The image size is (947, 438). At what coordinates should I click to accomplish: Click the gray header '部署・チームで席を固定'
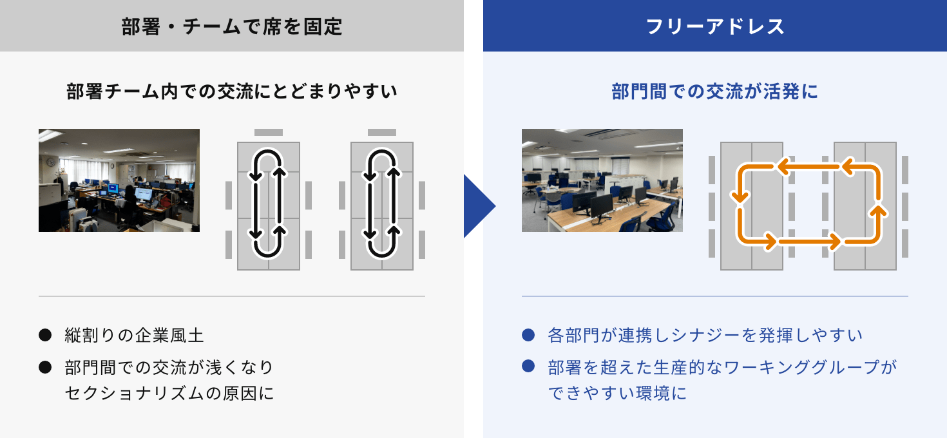tap(232, 26)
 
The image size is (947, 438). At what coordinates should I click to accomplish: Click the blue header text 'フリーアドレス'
tap(715, 26)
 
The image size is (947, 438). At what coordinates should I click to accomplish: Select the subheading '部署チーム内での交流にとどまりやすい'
tap(232, 91)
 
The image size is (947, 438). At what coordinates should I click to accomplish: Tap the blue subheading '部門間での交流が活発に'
tap(715, 91)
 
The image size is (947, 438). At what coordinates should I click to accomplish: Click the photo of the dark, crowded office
tap(119, 180)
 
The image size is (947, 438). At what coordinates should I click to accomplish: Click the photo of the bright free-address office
tap(602, 180)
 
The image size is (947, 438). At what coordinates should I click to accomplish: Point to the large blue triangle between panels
tap(479, 206)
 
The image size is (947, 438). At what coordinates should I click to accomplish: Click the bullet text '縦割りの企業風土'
tap(135, 336)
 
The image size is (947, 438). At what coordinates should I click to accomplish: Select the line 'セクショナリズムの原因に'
tap(169, 393)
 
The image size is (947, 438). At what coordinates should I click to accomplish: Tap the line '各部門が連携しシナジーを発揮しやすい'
tap(705, 336)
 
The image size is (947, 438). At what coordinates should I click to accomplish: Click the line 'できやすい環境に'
tap(617, 393)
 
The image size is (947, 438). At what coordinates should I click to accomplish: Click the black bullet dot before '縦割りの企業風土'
tap(45, 336)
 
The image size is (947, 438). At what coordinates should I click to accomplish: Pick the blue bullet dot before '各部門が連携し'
tap(528, 336)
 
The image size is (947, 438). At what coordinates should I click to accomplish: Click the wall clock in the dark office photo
tap(51, 162)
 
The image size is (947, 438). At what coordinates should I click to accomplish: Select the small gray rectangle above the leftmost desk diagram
tap(269, 132)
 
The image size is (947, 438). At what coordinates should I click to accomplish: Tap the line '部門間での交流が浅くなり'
tap(169, 367)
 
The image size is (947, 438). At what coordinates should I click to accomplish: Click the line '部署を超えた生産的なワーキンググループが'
tap(723, 367)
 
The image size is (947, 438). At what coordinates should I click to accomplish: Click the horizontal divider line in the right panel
tap(715, 296)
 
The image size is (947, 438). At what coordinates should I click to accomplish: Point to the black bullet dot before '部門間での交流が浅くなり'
tap(45, 367)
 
